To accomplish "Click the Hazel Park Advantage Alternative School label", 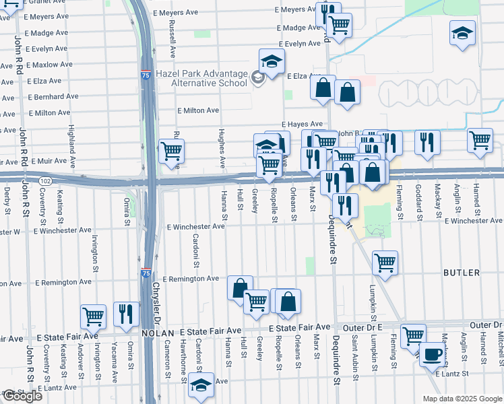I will point(201,79).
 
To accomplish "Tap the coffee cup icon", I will point(432,354).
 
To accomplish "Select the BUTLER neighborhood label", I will point(461,273).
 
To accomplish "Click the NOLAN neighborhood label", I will point(158,333).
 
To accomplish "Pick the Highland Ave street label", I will point(71,141).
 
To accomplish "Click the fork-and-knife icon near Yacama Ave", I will point(126,314).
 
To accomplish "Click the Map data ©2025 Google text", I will point(462,398).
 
